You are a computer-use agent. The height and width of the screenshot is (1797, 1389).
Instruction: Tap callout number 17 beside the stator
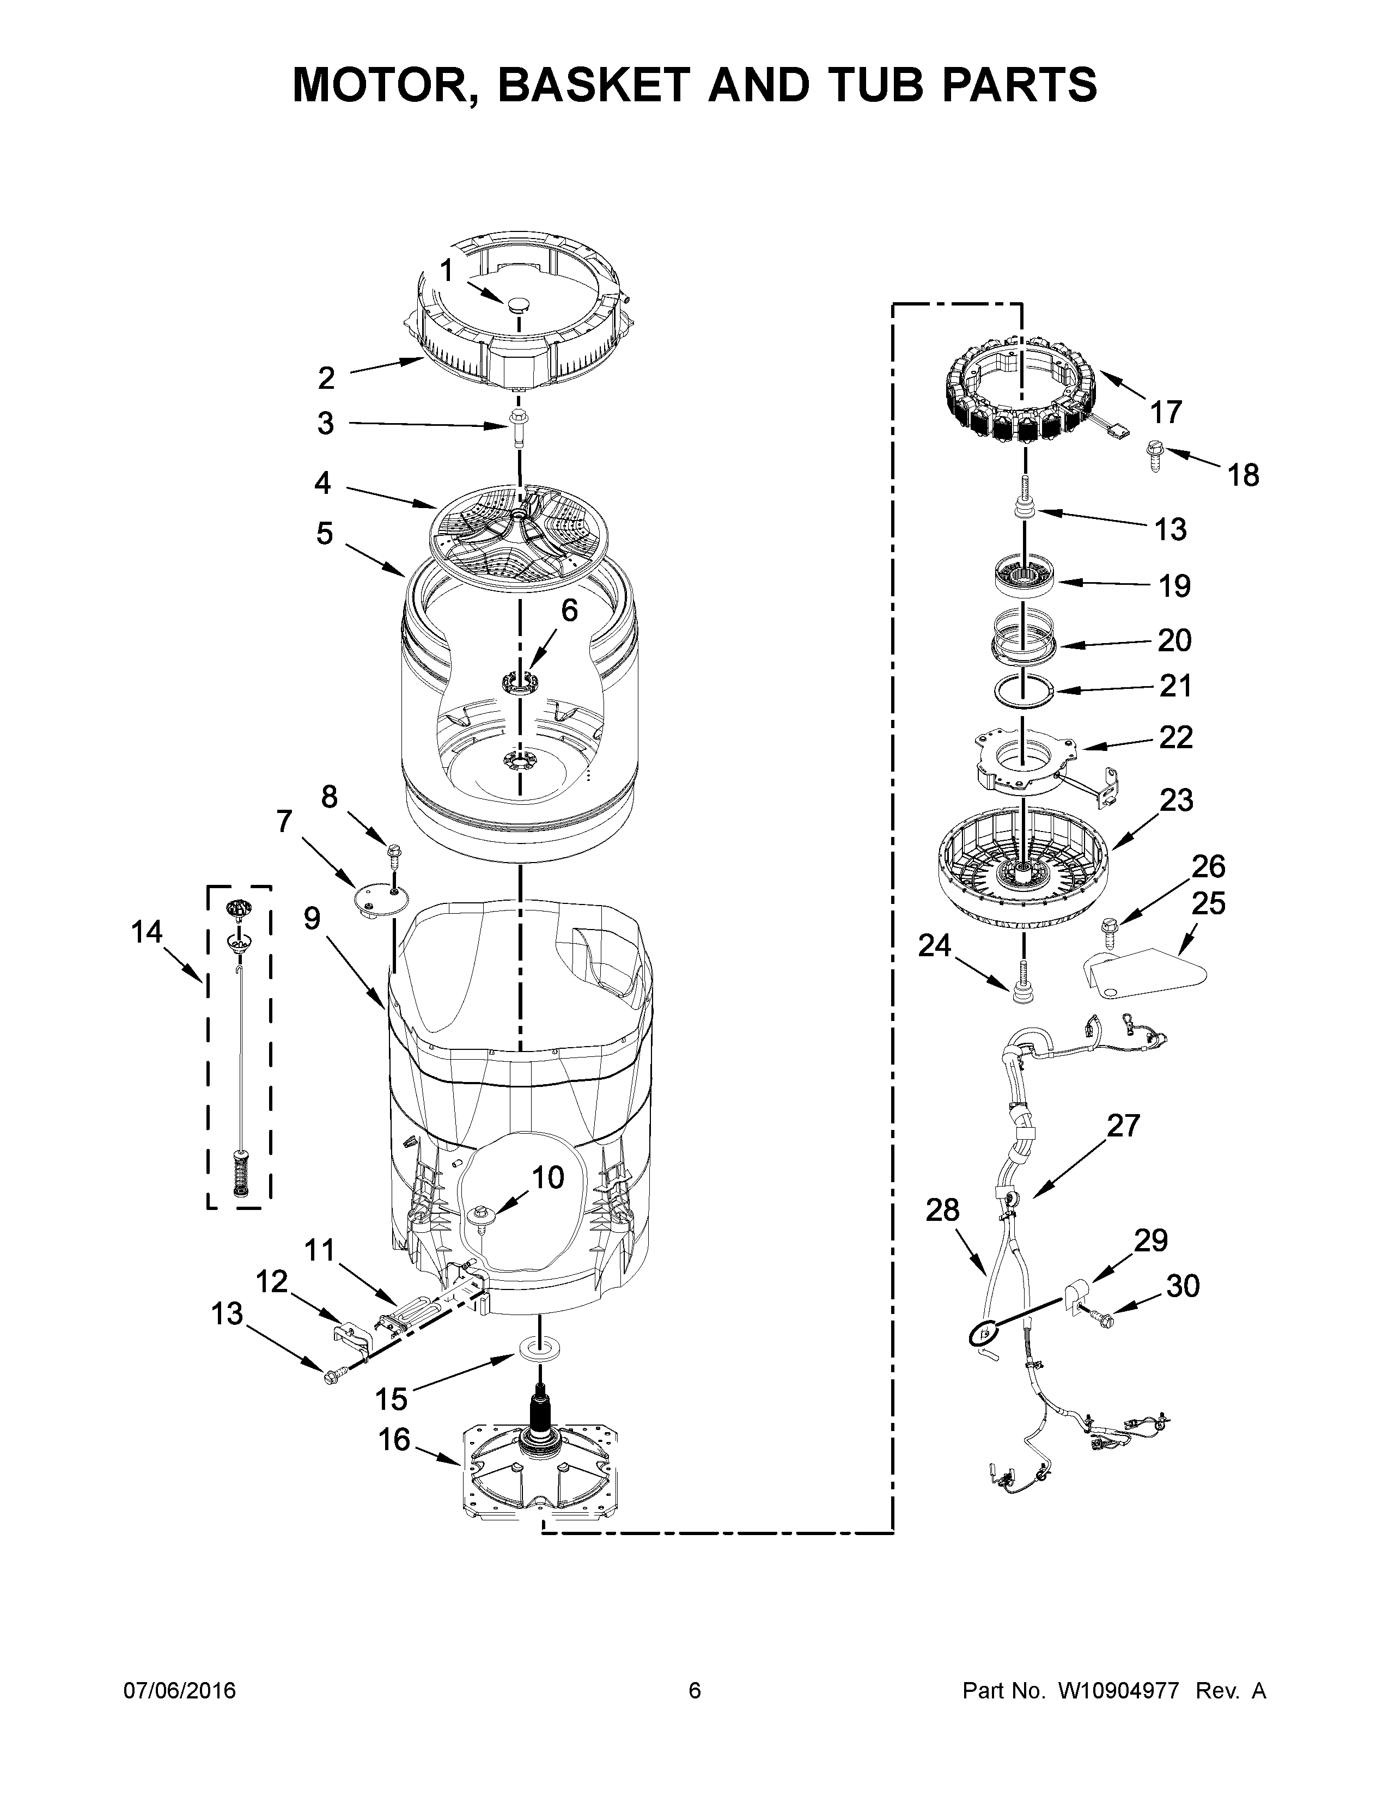[1165, 411]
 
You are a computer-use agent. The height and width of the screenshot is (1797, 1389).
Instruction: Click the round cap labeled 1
[517, 307]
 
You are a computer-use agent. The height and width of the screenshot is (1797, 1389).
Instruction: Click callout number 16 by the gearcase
[394, 1439]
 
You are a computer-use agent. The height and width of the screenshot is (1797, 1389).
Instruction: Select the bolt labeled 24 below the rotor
[1024, 987]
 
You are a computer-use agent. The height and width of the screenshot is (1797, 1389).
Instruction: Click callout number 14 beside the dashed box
[147, 932]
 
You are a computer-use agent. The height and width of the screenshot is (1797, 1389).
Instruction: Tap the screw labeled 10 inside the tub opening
[480, 1216]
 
